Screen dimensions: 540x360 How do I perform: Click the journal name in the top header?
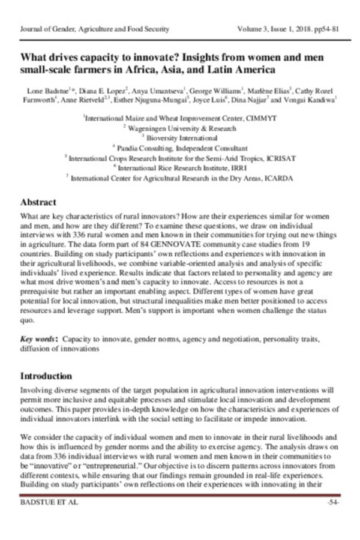click(95, 28)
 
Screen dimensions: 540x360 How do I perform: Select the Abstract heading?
click(38, 202)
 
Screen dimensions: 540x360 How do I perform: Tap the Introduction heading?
click(46, 376)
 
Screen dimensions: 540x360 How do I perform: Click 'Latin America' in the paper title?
click(234, 70)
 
